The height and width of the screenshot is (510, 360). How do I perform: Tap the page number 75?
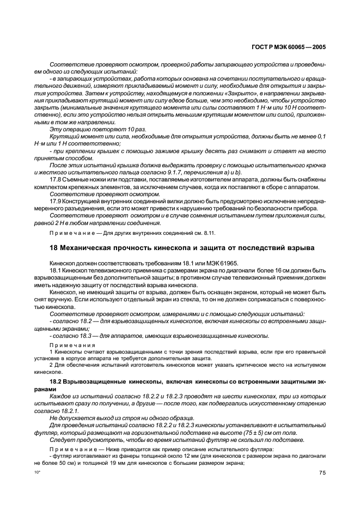click(322, 474)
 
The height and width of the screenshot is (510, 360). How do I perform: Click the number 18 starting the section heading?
click(53, 248)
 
